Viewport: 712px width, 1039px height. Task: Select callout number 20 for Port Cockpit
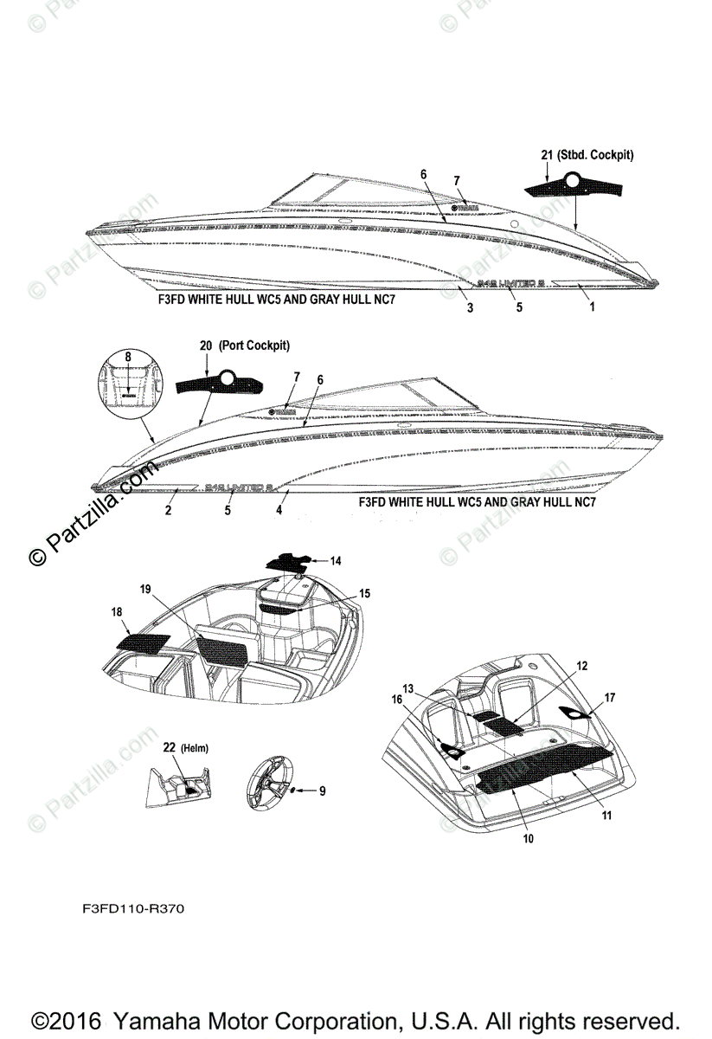pos(205,345)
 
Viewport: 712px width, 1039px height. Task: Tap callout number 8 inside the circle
pos(128,356)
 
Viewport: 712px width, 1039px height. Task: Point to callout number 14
pos(336,561)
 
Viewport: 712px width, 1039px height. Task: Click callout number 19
pos(145,588)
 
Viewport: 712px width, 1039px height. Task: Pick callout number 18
pos(116,611)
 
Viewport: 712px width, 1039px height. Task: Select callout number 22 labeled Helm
pos(170,746)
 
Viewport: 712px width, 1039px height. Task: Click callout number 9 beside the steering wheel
pos(322,791)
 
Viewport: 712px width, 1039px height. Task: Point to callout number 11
pos(606,815)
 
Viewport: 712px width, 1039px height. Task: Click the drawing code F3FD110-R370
pos(133,910)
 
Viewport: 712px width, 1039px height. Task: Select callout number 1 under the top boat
pos(592,307)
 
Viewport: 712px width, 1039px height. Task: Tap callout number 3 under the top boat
pos(470,307)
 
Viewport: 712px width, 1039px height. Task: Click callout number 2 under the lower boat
pos(168,511)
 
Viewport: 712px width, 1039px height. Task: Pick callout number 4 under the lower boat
pos(279,511)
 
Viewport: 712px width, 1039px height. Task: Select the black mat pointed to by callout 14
pos(288,561)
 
